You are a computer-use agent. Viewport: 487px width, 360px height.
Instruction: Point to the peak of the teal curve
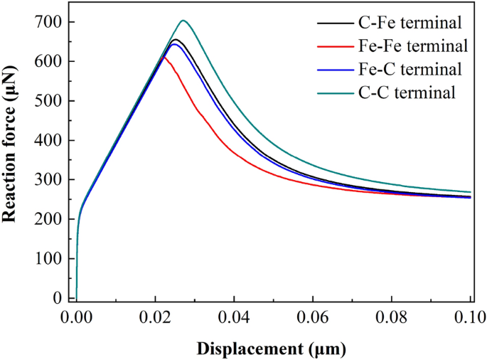click(x=183, y=20)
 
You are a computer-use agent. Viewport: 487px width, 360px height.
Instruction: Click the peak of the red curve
click(x=164, y=58)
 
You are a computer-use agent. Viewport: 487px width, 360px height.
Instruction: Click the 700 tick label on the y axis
click(x=53, y=22)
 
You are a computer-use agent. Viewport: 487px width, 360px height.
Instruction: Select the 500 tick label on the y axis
click(x=53, y=101)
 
